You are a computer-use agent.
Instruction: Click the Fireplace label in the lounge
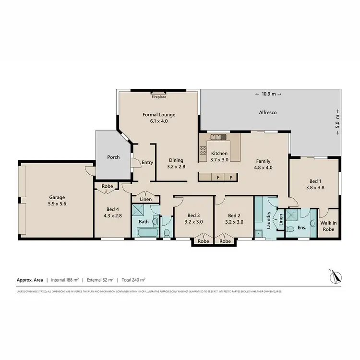[x=159, y=97]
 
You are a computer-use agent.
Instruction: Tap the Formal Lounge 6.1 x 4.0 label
[x=159, y=118]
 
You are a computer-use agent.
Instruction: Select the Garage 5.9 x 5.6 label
[x=57, y=201]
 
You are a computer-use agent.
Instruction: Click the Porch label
[x=113, y=157]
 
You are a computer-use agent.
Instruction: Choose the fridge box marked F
[x=218, y=177]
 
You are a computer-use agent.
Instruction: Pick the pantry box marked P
[x=231, y=177]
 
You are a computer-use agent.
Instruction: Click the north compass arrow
[x=336, y=277]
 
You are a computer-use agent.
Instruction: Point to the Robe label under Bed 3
[x=204, y=241]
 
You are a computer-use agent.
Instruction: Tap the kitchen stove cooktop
[x=218, y=137]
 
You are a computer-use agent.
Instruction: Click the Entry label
[x=147, y=163]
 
